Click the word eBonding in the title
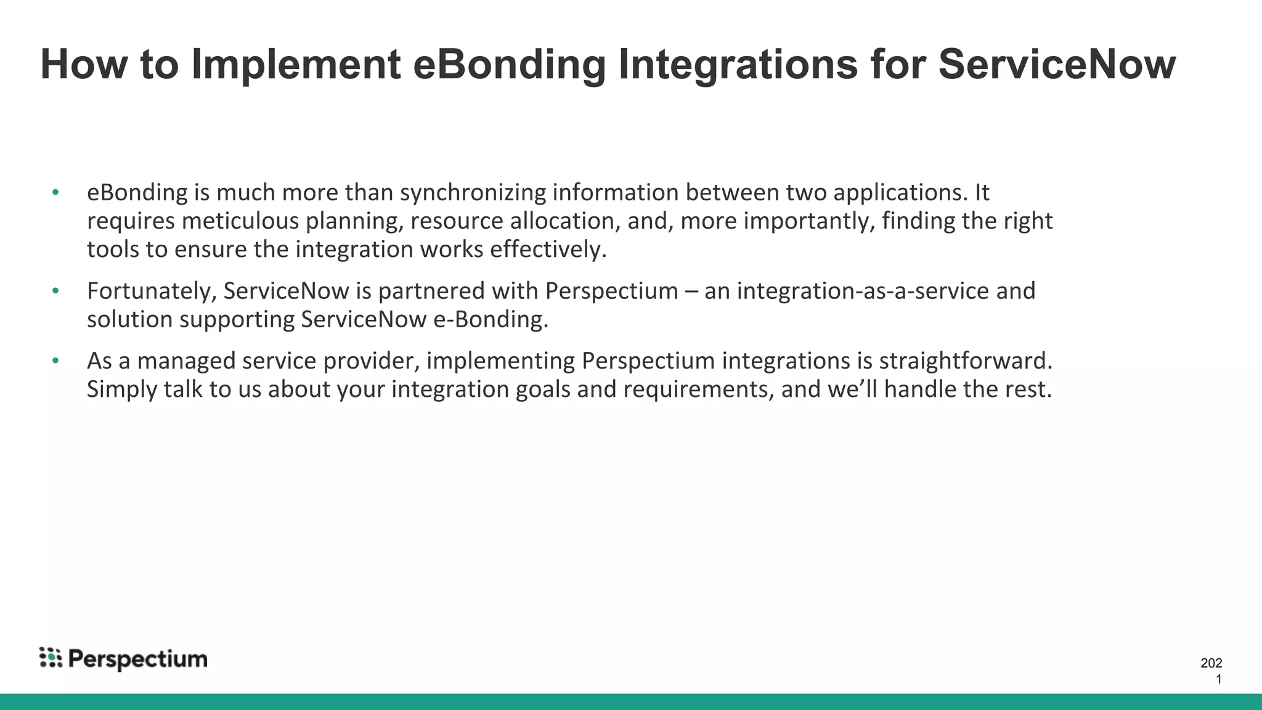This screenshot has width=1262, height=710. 509,65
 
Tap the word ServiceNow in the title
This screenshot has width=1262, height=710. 1057,65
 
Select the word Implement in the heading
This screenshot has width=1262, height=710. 296,65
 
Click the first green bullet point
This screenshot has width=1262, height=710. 55,192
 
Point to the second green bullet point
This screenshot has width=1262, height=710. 55,291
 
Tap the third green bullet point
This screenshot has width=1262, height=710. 55,361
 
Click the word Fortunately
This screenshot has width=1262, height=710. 152,292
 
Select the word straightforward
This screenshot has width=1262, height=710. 965,361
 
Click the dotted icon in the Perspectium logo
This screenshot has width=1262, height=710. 51,658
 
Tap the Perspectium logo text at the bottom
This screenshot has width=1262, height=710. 137,659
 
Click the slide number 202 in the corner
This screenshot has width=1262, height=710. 1211,663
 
